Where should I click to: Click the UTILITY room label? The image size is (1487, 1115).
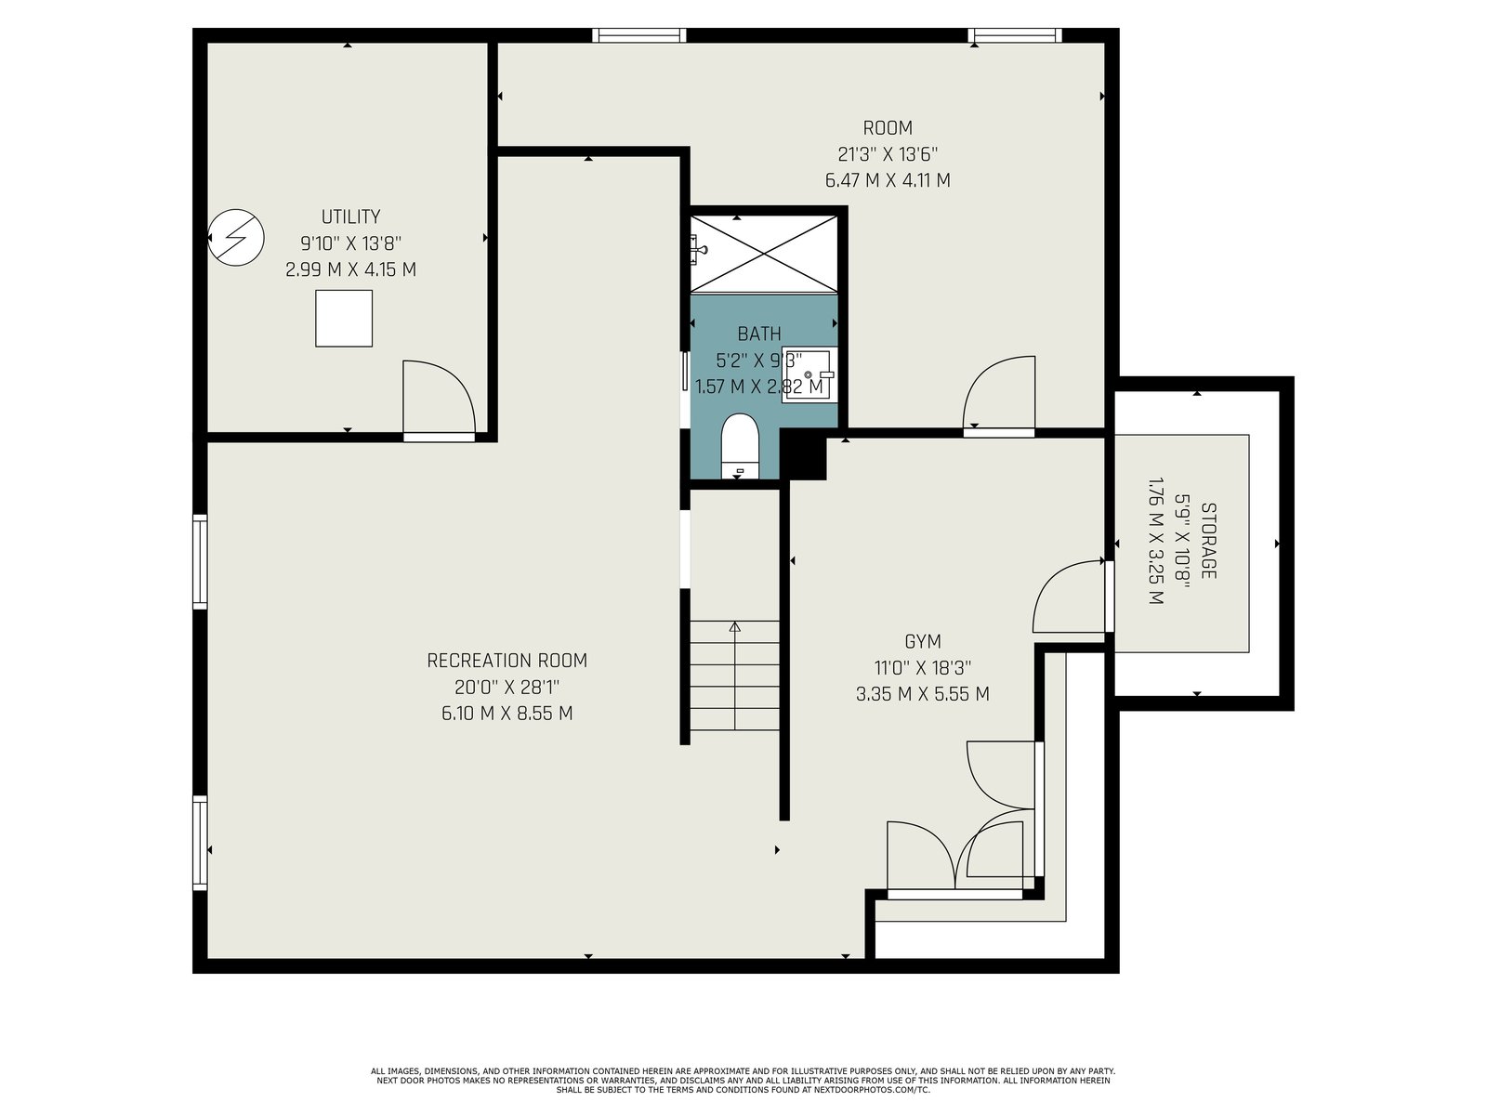pos(350,216)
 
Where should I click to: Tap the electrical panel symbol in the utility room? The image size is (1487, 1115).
pos(236,237)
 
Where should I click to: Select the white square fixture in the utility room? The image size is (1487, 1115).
pos(344,318)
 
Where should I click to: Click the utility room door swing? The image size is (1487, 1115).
pos(439,400)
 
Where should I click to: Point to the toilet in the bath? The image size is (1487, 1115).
pos(739,446)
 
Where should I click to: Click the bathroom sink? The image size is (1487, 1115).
pos(809,374)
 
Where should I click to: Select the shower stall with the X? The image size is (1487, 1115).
pos(764,254)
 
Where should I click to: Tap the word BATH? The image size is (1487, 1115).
pos(758,334)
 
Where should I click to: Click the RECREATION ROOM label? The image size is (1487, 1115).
pos(507,661)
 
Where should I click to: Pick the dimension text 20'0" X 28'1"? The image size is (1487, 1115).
pos(507,688)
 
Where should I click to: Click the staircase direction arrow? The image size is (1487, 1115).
pos(735,676)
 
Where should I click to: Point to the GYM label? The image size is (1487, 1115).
pos(922,641)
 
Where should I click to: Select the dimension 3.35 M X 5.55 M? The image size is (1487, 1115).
pos(922,694)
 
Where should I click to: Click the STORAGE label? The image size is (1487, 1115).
pos(1208,540)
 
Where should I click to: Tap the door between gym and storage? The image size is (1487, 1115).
pos(1069,596)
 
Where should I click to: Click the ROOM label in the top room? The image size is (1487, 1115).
pos(888,128)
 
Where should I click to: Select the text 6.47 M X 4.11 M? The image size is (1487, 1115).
pos(888,181)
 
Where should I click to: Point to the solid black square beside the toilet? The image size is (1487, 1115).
pos(804,457)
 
